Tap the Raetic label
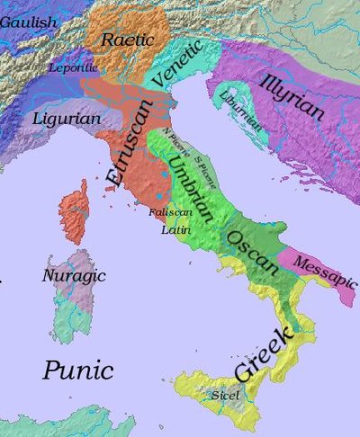click(x=128, y=40)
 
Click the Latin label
click(x=173, y=229)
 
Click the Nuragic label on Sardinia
click(x=75, y=275)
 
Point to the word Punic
click(x=78, y=370)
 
